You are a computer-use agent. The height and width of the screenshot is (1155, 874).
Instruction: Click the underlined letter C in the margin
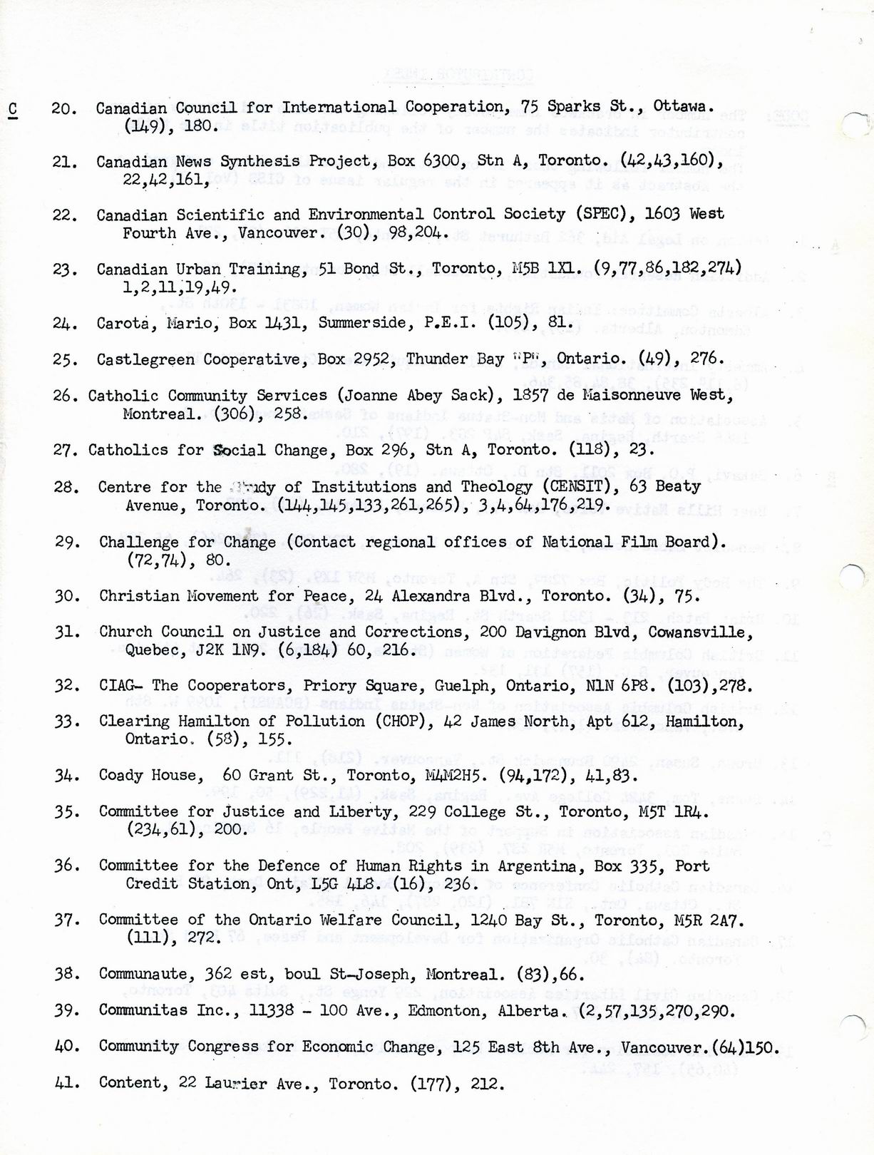click(13, 109)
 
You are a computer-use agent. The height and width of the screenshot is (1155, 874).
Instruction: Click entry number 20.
click(64, 109)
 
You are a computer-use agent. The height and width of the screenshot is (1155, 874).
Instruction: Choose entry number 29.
click(67, 542)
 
